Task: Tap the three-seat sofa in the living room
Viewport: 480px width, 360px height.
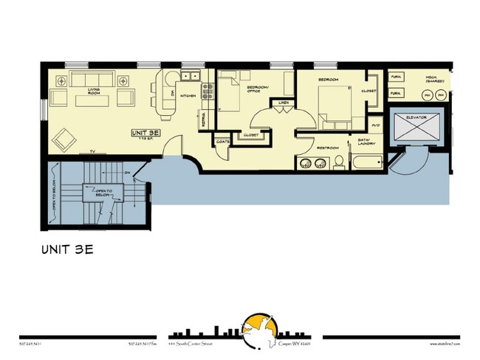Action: (x=95, y=80)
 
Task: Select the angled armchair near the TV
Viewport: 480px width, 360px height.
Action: (x=64, y=137)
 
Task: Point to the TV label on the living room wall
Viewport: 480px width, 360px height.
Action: (x=92, y=151)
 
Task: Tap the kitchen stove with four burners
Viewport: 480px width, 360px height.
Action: (x=208, y=90)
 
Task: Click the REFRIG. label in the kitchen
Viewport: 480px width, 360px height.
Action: (x=205, y=120)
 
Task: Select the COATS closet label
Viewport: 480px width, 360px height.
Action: (x=222, y=141)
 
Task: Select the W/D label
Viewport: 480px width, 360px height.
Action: (x=376, y=125)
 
